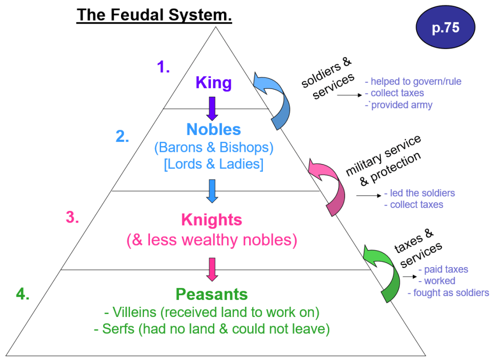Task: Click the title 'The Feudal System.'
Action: point(154,15)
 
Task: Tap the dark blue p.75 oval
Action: point(445,28)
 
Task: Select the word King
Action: point(213,83)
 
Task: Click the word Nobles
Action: point(213,129)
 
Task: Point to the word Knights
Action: point(211,220)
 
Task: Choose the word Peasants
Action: point(211,294)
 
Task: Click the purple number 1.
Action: point(164,67)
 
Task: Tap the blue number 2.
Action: point(122,137)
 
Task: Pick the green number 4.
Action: point(22,294)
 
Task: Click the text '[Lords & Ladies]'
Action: point(213,164)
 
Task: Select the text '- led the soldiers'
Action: point(420,193)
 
